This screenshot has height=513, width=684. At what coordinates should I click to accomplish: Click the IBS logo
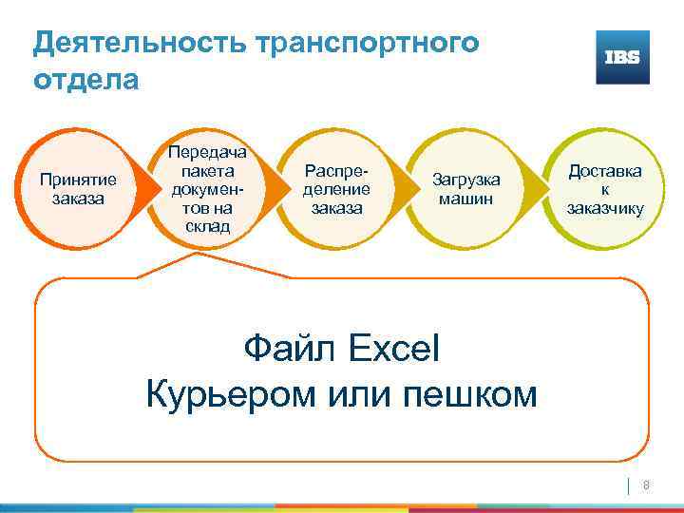point(622,57)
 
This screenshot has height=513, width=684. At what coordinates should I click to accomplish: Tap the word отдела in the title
point(85,79)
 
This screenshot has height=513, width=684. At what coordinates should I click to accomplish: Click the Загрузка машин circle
point(466,189)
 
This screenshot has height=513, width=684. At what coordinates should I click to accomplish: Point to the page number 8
point(647,485)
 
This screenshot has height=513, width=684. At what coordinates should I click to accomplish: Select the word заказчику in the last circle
point(605,208)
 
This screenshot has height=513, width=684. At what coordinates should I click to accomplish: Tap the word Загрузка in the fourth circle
point(466,180)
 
